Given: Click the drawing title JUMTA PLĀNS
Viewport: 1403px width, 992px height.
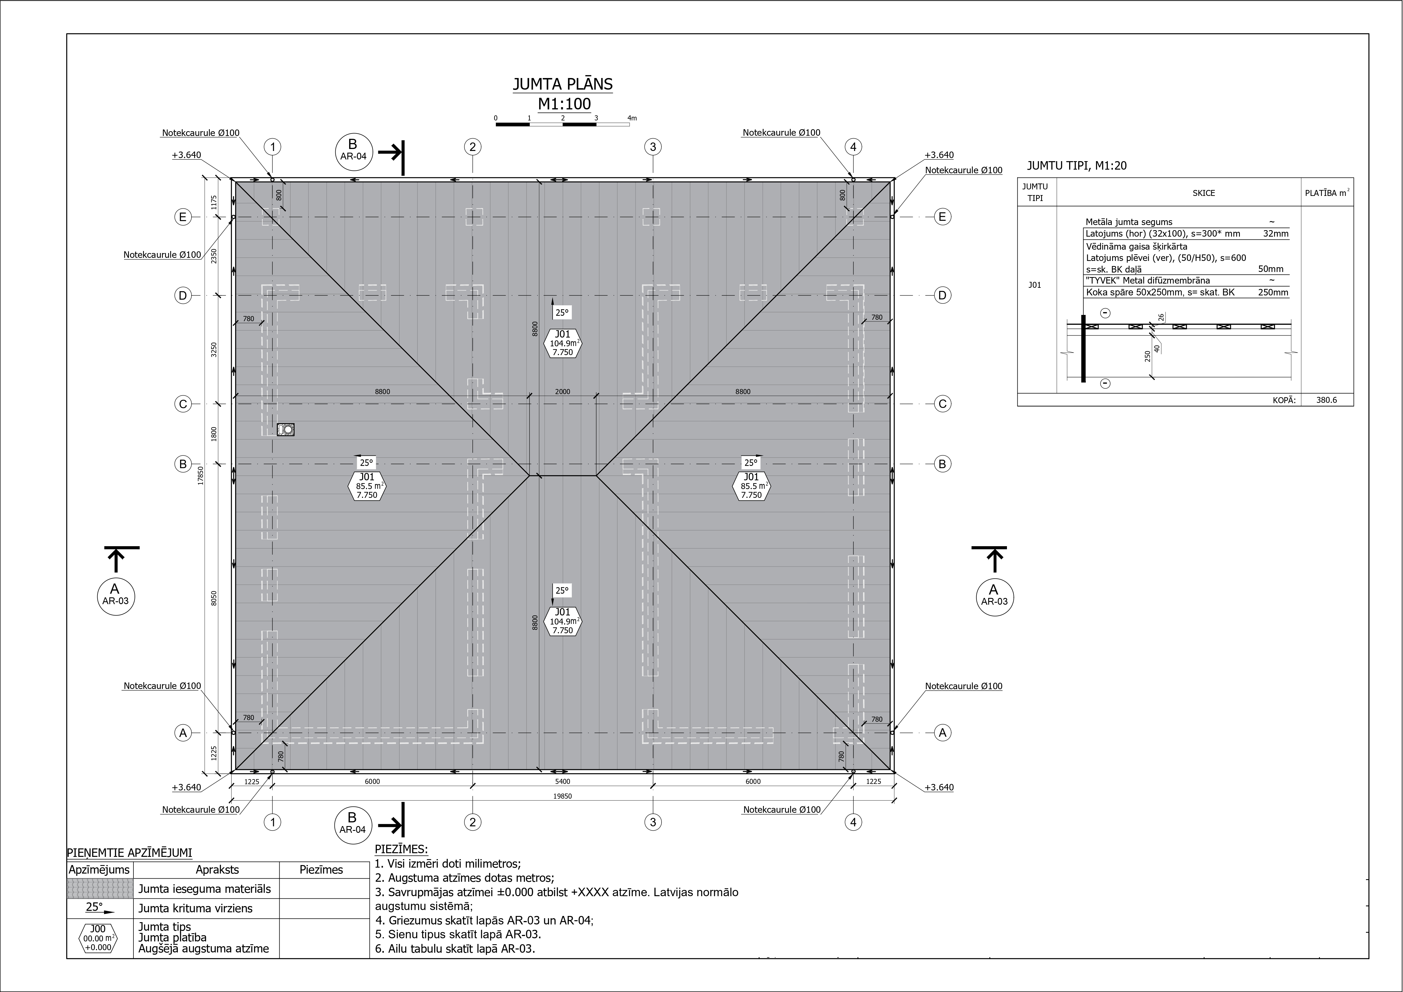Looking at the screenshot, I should tap(562, 84).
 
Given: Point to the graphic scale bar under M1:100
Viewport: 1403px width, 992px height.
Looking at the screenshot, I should tap(562, 124).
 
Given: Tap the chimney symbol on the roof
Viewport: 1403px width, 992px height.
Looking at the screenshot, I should tap(285, 430).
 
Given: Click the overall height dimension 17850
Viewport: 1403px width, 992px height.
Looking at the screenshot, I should tap(200, 476).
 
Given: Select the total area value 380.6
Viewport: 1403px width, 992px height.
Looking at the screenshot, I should tap(1327, 400).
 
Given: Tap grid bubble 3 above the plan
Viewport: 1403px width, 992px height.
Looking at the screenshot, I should tap(653, 147).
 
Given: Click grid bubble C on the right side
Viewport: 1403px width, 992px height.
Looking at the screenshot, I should tap(942, 404).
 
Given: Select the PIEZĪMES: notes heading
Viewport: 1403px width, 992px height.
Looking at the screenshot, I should tap(401, 850).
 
